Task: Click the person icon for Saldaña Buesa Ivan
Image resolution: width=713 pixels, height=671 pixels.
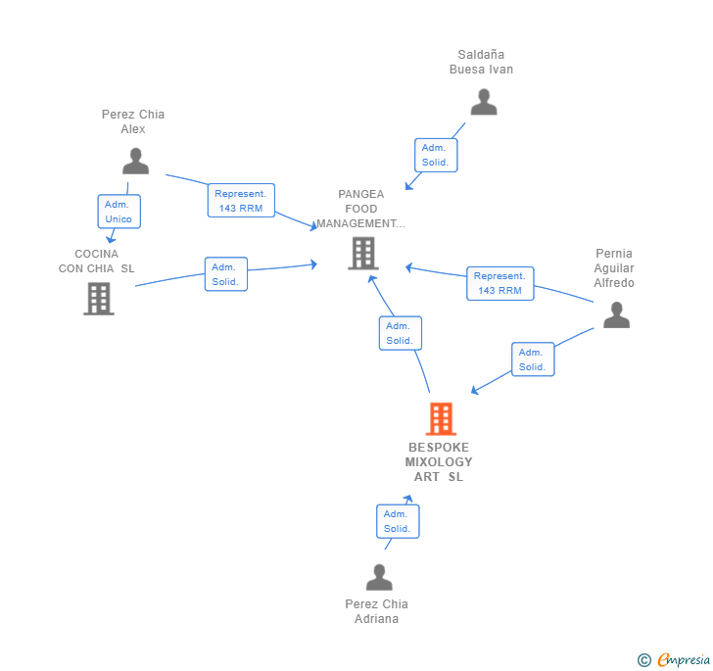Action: (x=484, y=102)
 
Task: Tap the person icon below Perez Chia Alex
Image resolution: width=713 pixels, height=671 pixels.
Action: (x=135, y=161)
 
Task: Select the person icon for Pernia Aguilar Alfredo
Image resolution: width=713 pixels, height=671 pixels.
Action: (x=616, y=314)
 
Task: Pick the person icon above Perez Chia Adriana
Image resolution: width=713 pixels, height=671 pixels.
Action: (x=379, y=577)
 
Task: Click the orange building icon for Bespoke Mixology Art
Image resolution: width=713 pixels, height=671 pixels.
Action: (x=441, y=418)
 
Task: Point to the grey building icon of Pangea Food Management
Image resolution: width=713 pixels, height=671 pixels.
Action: (x=362, y=253)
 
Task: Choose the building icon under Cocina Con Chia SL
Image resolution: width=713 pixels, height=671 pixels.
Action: (x=99, y=298)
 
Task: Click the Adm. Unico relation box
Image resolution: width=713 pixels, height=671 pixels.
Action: (x=119, y=212)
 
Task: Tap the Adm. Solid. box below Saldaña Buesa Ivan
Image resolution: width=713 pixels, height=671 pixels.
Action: (x=435, y=155)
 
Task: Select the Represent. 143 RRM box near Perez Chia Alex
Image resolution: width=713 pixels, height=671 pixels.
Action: (x=241, y=201)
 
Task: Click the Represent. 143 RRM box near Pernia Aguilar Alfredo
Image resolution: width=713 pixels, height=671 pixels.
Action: (x=499, y=283)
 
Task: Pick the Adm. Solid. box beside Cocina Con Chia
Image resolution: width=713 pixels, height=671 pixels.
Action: (x=225, y=274)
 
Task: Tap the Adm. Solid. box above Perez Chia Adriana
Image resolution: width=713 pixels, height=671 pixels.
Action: (x=397, y=521)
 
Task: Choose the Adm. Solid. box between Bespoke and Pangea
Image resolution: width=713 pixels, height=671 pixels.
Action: (x=400, y=333)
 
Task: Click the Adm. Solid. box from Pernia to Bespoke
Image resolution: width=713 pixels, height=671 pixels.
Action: (x=532, y=359)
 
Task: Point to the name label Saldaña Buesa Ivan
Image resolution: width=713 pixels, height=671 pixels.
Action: (x=481, y=62)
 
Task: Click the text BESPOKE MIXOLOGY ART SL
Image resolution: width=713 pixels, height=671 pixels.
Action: (x=439, y=462)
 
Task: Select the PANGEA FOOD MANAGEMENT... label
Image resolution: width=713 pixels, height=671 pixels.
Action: (x=360, y=209)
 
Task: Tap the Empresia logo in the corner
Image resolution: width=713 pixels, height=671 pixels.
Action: (x=674, y=659)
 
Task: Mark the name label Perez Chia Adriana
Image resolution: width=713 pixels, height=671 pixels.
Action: (x=376, y=611)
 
